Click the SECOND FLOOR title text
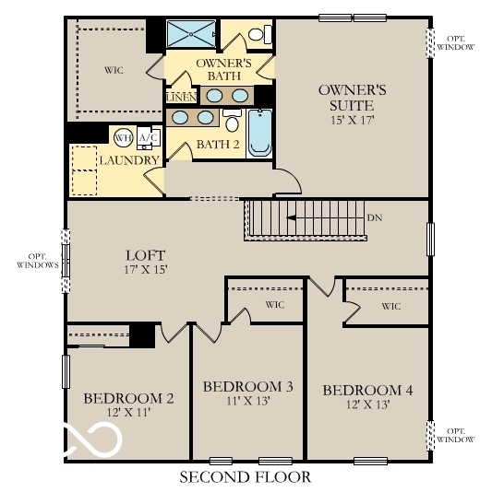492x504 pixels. [245, 477]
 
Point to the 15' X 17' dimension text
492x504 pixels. [352, 119]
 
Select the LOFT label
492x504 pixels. [145, 254]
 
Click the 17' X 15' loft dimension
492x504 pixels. [145, 271]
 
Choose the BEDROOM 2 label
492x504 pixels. [128, 398]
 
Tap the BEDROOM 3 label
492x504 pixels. [247, 386]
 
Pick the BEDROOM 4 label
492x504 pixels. [367, 390]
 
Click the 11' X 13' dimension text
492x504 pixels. [247, 402]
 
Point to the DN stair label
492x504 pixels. [374, 218]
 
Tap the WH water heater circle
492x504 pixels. [122, 138]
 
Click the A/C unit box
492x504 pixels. [147, 138]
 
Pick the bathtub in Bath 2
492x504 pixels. [259, 132]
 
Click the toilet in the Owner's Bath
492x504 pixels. [262, 35]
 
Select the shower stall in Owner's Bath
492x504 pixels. [191, 34]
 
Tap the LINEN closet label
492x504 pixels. [179, 96]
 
